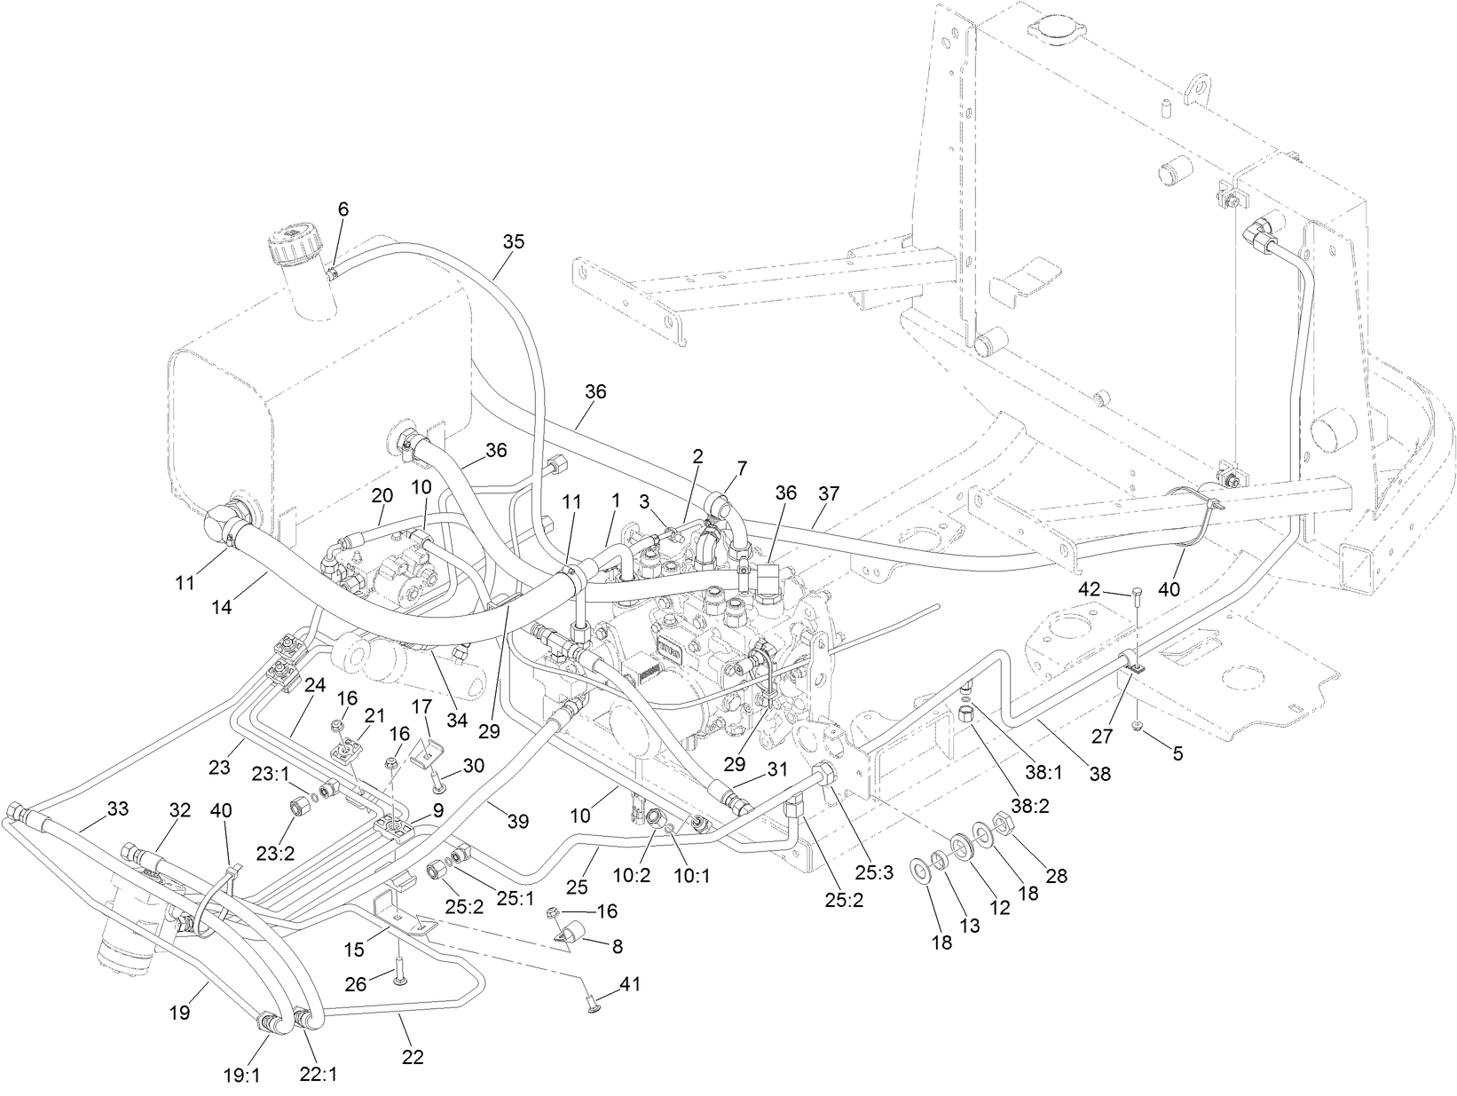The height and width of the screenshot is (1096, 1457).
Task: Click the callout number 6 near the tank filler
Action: (x=343, y=209)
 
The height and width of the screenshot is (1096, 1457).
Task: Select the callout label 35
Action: (x=514, y=241)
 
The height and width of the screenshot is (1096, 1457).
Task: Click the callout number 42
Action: (x=1089, y=588)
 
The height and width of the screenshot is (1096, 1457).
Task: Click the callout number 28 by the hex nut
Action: (x=1055, y=875)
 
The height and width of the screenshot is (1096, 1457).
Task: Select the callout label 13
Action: (x=970, y=926)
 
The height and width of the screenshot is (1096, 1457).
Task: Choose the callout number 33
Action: (x=117, y=809)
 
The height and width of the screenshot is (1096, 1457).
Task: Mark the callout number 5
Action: (x=1177, y=753)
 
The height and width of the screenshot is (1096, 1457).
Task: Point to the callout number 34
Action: (x=456, y=721)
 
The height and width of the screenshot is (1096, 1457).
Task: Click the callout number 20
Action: (x=382, y=494)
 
